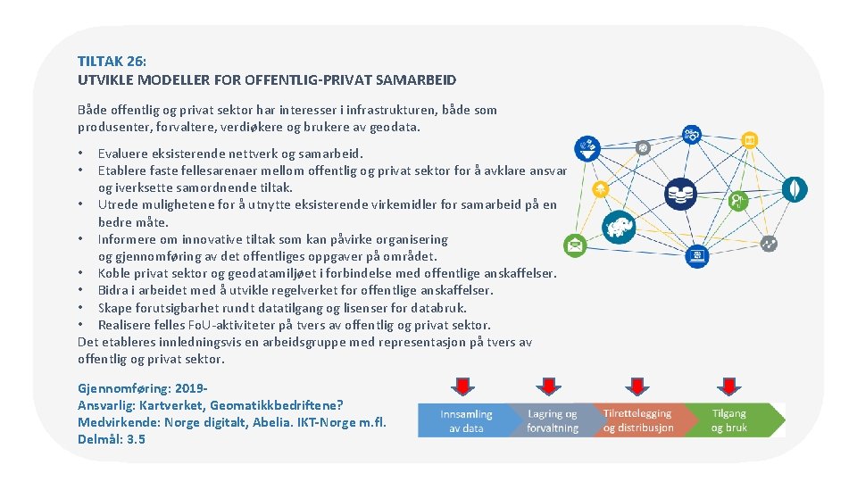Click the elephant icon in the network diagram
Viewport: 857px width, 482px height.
[618, 226]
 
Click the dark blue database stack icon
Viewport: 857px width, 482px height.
[683, 191]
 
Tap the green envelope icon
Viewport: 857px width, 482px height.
[575, 245]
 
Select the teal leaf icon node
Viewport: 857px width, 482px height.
[794, 188]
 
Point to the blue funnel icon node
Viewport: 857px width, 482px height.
[587, 145]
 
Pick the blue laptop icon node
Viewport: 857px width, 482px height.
[696, 256]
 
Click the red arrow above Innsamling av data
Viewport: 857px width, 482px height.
[462, 386]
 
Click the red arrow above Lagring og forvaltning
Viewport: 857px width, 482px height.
[549, 386]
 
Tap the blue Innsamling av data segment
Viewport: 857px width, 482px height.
[465, 420]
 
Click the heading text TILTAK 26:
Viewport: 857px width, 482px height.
[112, 61]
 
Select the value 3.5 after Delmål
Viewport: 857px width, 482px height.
[136, 439]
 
